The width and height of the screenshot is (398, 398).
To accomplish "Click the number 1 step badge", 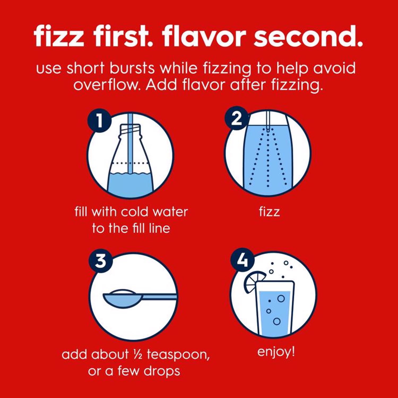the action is point(99,121).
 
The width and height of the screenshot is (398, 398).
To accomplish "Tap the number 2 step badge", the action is point(236,118).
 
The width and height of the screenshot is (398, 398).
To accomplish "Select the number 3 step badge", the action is point(101,261).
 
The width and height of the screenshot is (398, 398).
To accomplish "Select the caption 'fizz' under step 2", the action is point(269,211).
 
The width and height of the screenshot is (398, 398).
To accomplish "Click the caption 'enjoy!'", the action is point(276,352).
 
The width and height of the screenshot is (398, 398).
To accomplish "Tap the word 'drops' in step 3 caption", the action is point(162,371).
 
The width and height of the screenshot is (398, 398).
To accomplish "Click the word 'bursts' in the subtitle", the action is point(132,68).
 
